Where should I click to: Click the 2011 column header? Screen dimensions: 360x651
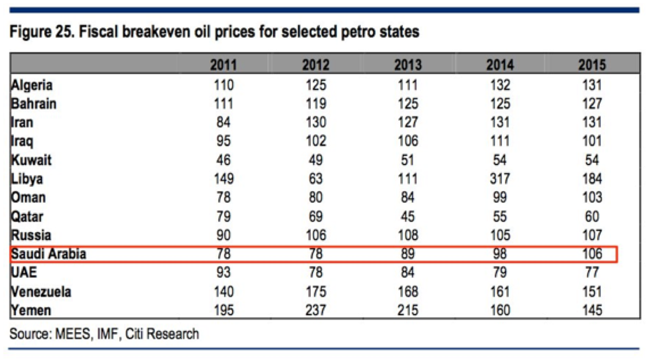[223, 66]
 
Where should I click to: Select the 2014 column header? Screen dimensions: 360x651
[500, 66]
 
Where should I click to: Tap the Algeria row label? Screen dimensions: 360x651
[32, 85]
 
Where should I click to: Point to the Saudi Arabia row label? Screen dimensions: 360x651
[49, 254]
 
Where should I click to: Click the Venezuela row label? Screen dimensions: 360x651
[41, 292]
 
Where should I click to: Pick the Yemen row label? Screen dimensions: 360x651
[31, 310]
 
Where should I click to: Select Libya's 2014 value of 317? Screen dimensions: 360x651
[500, 179]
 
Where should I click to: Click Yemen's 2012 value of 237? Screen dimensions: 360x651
[316, 310]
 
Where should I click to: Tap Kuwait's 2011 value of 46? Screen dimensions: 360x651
[223, 161]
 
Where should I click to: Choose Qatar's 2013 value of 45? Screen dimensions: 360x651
[407, 217]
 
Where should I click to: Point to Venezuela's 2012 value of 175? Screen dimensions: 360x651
[316, 292]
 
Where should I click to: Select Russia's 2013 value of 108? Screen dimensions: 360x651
[407, 235]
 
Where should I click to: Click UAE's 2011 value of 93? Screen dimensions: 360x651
[223, 273]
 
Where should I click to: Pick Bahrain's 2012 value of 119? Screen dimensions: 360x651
[316, 104]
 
